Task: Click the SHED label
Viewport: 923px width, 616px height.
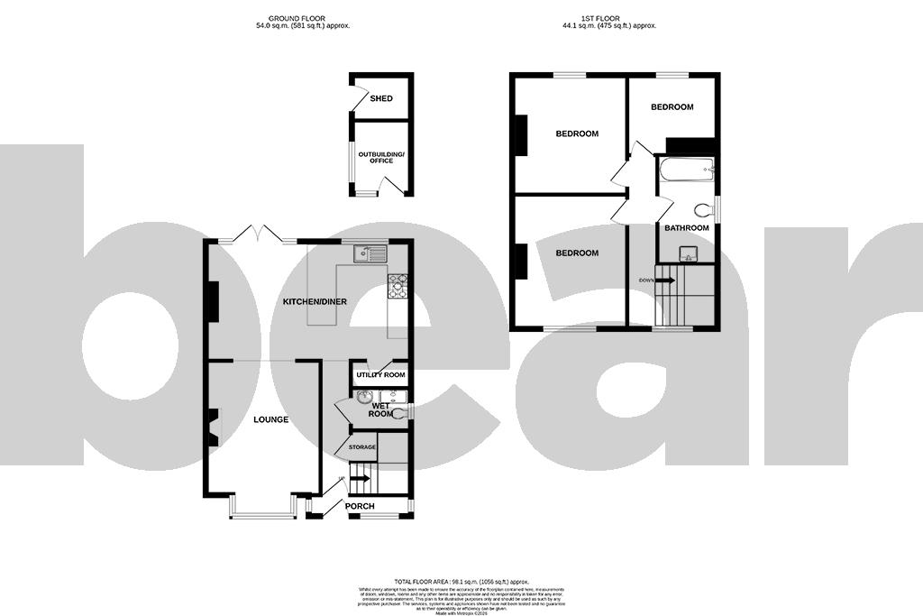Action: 381,98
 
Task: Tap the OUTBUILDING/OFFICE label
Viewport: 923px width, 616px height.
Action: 381,158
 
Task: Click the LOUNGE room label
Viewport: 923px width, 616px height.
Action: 270,419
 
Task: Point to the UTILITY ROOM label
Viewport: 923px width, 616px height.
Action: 380,374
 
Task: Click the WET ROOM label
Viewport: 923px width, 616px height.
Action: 380,409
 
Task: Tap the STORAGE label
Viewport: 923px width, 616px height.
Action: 362,446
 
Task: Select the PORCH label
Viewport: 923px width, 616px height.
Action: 360,506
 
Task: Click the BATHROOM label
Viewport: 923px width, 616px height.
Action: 686,228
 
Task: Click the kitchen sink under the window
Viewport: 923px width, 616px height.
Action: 370,253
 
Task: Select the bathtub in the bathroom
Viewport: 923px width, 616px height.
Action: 686,168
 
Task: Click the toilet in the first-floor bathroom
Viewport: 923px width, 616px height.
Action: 704,210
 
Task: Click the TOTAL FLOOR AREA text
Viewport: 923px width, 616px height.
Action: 461,581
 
